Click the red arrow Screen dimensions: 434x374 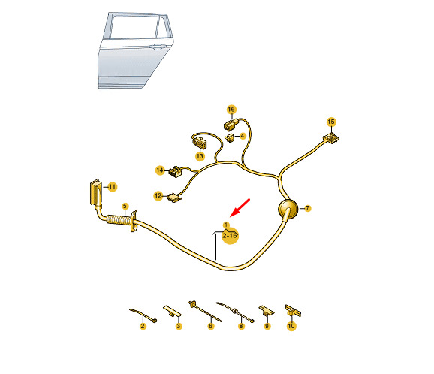240,207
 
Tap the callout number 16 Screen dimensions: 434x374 231,110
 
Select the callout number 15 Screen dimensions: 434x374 331,122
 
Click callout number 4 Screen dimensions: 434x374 243,136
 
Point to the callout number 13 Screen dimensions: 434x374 200,156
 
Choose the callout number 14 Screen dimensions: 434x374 160,170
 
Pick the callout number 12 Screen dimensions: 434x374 158,196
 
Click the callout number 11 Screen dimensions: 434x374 112,187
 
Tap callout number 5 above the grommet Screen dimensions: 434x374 125,206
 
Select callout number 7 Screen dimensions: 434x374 307,208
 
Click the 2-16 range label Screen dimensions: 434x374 230,236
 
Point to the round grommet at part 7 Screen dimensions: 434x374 288,210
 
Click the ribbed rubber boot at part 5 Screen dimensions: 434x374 120,219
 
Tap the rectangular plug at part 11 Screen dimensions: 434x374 95,192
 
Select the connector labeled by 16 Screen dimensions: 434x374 230,125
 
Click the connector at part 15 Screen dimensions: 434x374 331,138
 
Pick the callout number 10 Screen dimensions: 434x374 291,326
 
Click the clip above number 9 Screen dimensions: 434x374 267,311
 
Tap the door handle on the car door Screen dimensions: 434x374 157,47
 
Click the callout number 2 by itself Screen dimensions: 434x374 143,326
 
